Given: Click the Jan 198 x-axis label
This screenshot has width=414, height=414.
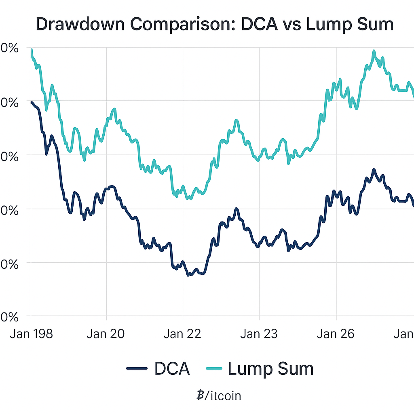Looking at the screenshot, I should (31, 334).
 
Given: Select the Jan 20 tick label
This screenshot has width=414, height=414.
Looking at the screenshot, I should (106, 334).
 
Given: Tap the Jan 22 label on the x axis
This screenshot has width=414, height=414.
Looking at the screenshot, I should (183, 334).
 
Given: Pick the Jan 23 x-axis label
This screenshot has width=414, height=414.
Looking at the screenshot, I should (259, 334).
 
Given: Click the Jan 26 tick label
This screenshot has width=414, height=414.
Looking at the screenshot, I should (336, 334).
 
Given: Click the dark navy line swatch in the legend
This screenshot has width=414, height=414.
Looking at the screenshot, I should (137, 368).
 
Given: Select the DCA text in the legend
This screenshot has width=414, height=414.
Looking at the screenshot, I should (171, 368).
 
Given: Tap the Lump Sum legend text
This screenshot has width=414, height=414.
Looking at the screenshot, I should (270, 368).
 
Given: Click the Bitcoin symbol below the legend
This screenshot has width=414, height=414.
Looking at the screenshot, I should (200, 395).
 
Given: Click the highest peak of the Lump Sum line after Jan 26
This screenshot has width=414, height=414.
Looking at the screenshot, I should (374, 51).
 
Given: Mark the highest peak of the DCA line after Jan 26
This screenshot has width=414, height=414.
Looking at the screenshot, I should (374, 170).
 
